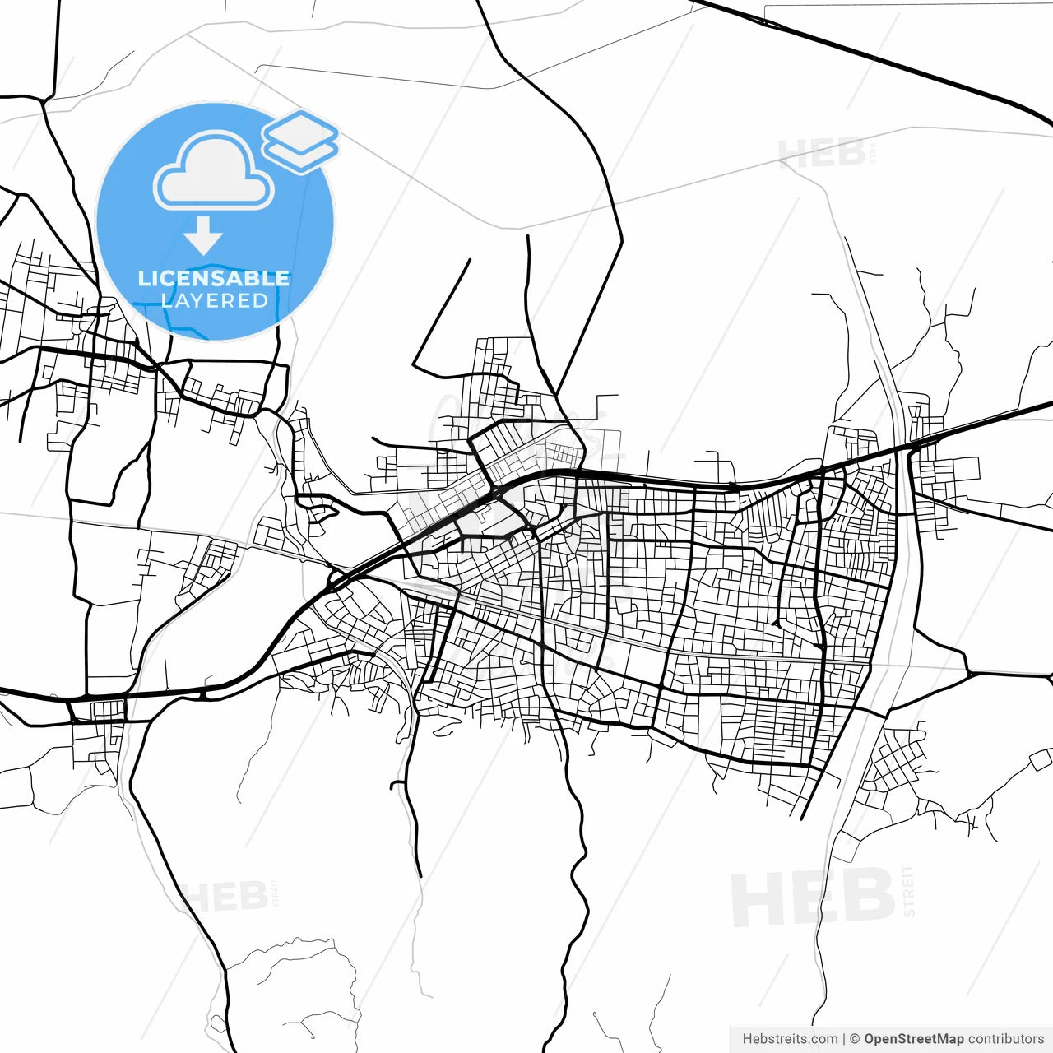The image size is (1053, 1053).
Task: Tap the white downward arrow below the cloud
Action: click(x=203, y=235)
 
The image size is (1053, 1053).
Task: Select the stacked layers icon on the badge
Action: click(x=300, y=142)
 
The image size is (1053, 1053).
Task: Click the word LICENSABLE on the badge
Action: click(x=214, y=278)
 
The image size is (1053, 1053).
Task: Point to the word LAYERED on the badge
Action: click(x=215, y=300)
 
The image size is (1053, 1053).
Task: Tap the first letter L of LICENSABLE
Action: click(x=143, y=278)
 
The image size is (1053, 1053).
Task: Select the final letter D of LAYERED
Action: click(x=261, y=300)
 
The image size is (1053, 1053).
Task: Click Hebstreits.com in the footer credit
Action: click(x=790, y=1039)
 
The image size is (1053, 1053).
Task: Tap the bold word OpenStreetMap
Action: click(x=913, y=1039)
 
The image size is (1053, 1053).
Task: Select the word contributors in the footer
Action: click(x=1005, y=1039)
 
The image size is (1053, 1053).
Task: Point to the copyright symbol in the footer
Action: click(x=855, y=1039)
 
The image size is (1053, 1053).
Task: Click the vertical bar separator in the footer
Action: click(x=844, y=1039)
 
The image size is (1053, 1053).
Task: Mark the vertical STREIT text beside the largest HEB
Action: click(x=908, y=890)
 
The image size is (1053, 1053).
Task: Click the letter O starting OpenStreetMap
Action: click(x=870, y=1039)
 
